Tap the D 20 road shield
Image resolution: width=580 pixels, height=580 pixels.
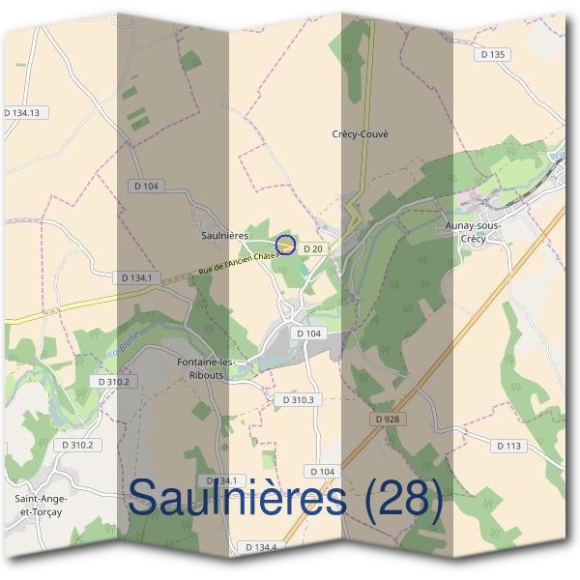click(x=311, y=248)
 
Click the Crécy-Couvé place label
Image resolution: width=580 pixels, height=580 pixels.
click(x=360, y=134)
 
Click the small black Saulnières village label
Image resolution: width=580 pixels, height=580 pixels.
click(x=226, y=235)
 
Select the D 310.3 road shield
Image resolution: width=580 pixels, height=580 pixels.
click(x=296, y=399)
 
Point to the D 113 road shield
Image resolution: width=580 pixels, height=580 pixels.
click(x=508, y=446)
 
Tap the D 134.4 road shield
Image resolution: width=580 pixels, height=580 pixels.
click(x=260, y=547)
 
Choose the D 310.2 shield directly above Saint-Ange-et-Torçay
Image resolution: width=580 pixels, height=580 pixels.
click(x=77, y=445)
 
